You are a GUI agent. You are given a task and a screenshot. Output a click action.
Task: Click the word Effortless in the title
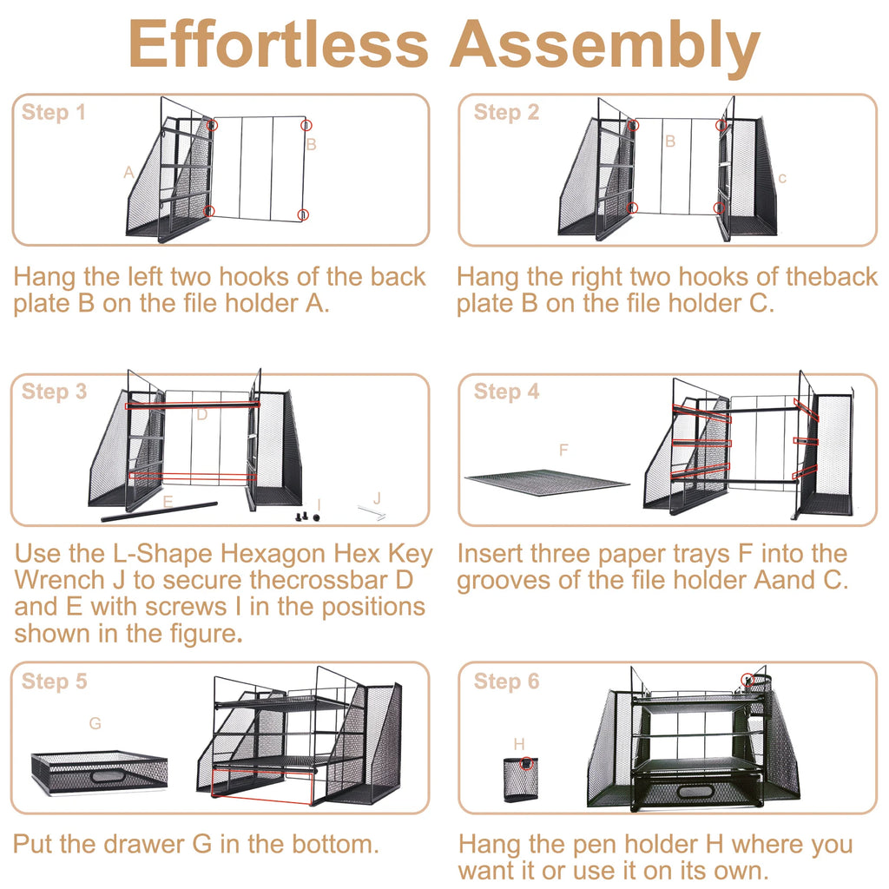(x=279, y=43)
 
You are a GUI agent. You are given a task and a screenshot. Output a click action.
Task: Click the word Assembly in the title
(x=605, y=48)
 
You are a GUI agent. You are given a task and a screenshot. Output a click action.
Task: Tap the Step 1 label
(x=53, y=112)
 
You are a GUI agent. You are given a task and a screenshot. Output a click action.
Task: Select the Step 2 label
(x=506, y=112)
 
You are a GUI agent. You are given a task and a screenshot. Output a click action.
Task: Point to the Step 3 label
(x=54, y=392)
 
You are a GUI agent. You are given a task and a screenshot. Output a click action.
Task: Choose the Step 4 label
(x=506, y=392)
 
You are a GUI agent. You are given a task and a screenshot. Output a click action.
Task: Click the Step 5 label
(x=54, y=681)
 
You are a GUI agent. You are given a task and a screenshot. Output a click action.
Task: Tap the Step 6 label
(x=506, y=681)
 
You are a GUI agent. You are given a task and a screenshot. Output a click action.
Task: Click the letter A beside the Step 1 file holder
(x=129, y=173)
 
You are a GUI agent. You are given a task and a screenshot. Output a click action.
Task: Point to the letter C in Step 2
(x=782, y=179)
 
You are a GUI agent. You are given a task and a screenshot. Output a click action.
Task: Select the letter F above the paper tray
(x=563, y=451)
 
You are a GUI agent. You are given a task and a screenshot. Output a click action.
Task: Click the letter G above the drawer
(x=95, y=723)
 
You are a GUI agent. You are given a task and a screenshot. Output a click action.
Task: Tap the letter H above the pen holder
(x=519, y=744)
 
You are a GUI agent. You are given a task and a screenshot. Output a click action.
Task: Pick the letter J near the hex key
(x=377, y=498)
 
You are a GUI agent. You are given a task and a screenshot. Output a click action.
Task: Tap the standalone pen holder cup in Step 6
(x=521, y=779)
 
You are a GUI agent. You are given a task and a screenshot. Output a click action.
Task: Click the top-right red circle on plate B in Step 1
(x=306, y=125)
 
